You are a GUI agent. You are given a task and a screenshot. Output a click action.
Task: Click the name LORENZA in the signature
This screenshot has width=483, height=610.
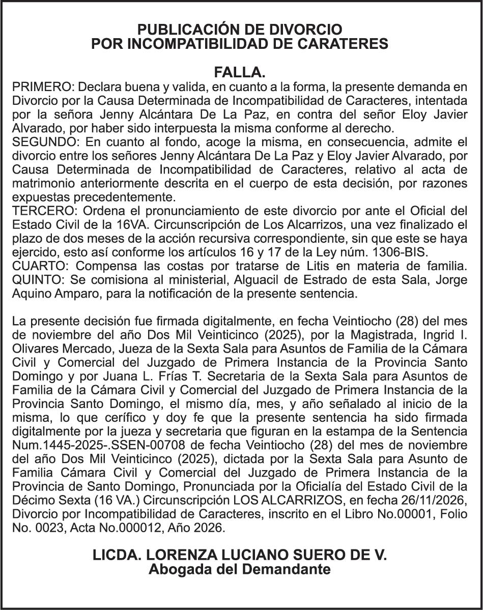tap(171, 555)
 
